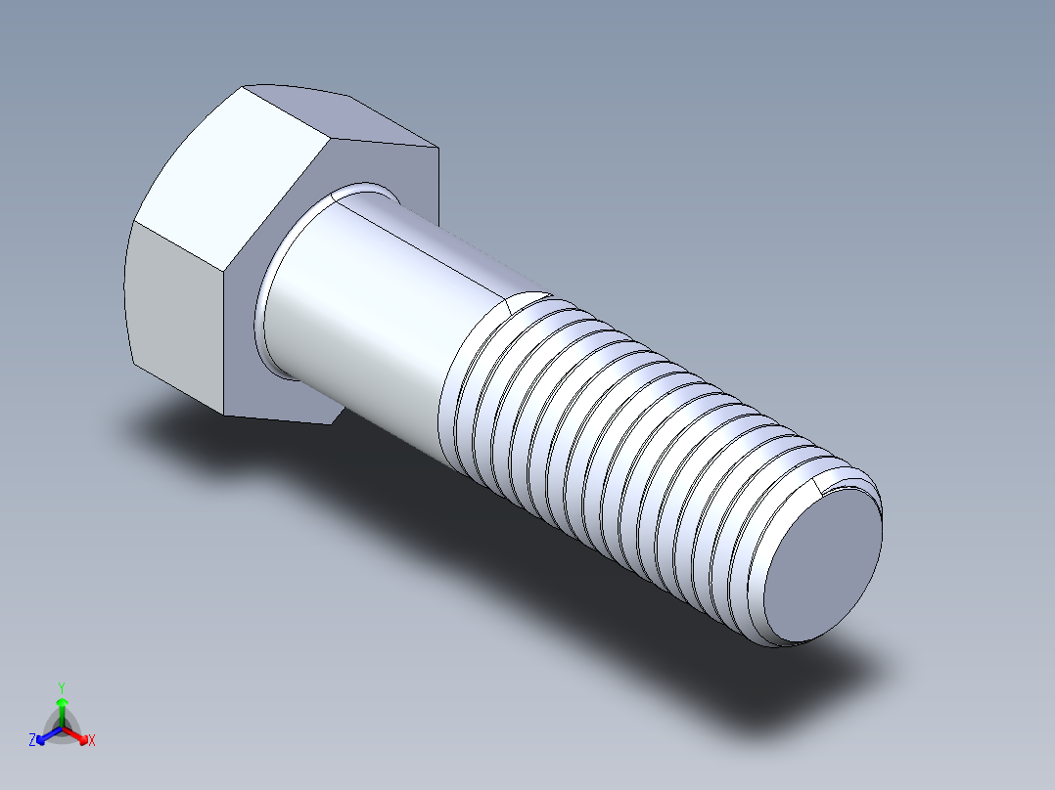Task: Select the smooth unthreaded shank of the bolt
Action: pos(372,313)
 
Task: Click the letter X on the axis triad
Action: pos(92,741)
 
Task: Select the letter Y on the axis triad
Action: pos(62,686)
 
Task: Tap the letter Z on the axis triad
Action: pos(32,741)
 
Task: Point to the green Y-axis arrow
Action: pos(62,708)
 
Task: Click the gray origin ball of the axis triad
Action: pos(62,729)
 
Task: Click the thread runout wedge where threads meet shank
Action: pos(528,301)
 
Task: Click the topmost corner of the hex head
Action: pos(243,86)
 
